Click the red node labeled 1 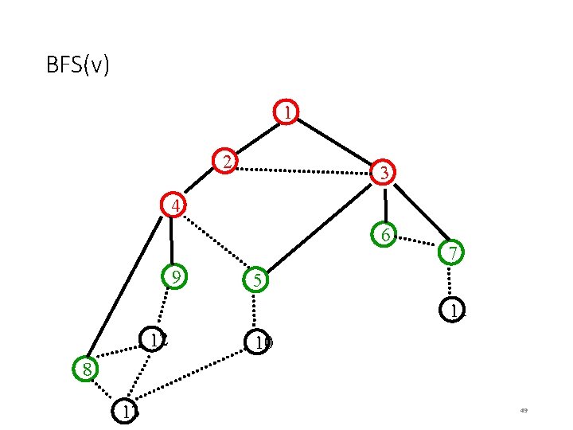[x=286, y=112]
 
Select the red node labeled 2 [x=228, y=162]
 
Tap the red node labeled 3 [x=384, y=171]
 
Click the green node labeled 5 [x=255, y=280]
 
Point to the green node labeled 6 [x=385, y=235]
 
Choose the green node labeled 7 [x=451, y=253]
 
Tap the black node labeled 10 [x=259, y=342]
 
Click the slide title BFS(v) [x=78, y=64]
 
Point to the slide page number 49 [x=524, y=411]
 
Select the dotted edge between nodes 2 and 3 [x=306, y=170]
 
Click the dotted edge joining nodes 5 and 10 [x=255, y=311]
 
